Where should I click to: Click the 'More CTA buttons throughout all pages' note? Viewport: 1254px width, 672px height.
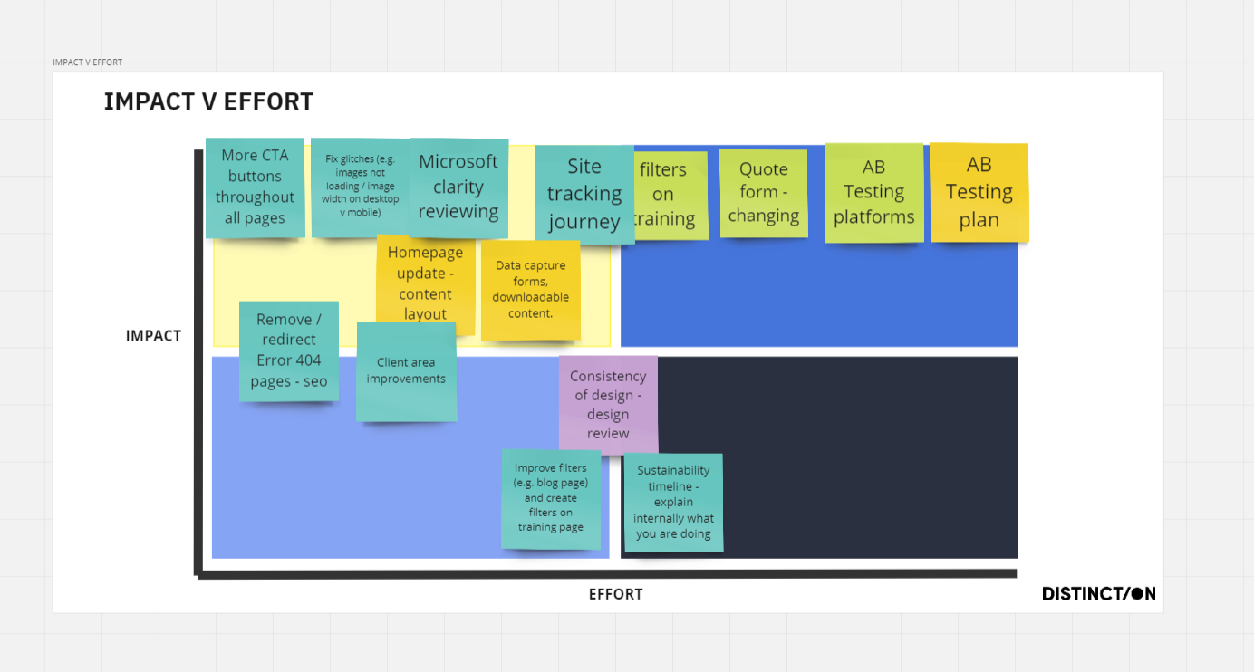pos(255,187)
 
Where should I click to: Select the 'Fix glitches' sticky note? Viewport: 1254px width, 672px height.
pos(359,187)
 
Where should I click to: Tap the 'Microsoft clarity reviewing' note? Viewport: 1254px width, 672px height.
pos(458,187)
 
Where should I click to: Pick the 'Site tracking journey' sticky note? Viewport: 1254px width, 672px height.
pos(584,195)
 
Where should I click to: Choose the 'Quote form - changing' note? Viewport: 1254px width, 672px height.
pos(764,193)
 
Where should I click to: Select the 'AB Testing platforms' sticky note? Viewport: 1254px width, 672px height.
pos(873,193)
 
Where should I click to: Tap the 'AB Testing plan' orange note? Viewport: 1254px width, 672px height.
pos(979,192)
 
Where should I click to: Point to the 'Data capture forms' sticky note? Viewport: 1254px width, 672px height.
pos(530,290)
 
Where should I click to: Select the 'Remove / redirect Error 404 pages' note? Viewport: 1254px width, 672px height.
pos(289,350)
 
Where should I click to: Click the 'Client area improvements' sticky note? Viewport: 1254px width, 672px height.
pos(406,371)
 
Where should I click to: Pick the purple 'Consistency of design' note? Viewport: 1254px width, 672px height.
pos(608,405)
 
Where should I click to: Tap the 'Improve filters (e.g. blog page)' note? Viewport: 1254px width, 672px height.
pos(551,499)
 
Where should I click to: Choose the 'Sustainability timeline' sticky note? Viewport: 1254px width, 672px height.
pos(673,503)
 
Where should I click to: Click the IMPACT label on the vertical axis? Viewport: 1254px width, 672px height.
pos(154,336)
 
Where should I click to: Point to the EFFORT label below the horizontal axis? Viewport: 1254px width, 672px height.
pos(616,594)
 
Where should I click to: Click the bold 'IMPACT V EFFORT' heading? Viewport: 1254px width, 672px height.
pos(208,101)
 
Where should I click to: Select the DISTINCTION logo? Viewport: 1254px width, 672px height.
pos(1098,594)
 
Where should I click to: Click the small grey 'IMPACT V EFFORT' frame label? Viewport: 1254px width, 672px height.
pos(87,62)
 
